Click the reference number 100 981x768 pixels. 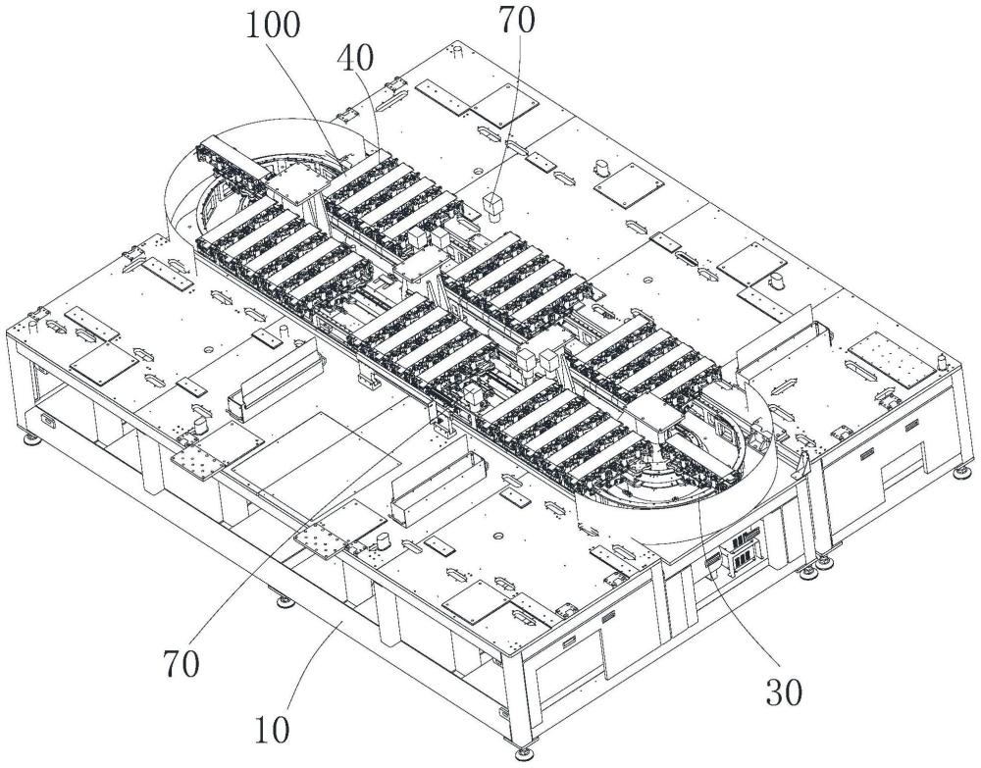click(x=273, y=26)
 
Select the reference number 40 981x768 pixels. click(x=355, y=59)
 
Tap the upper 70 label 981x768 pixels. click(x=516, y=20)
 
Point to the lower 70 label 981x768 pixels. click(x=181, y=664)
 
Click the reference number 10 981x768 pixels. click(x=272, y=730)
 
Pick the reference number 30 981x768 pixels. click(x=783, y=692)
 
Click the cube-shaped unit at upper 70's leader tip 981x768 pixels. click(x=493, y=208)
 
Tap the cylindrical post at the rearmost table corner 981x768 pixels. click(x=457, y=50)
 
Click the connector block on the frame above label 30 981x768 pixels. click(x=739, y=550)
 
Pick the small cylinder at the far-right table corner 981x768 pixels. click(x=942, y=362)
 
